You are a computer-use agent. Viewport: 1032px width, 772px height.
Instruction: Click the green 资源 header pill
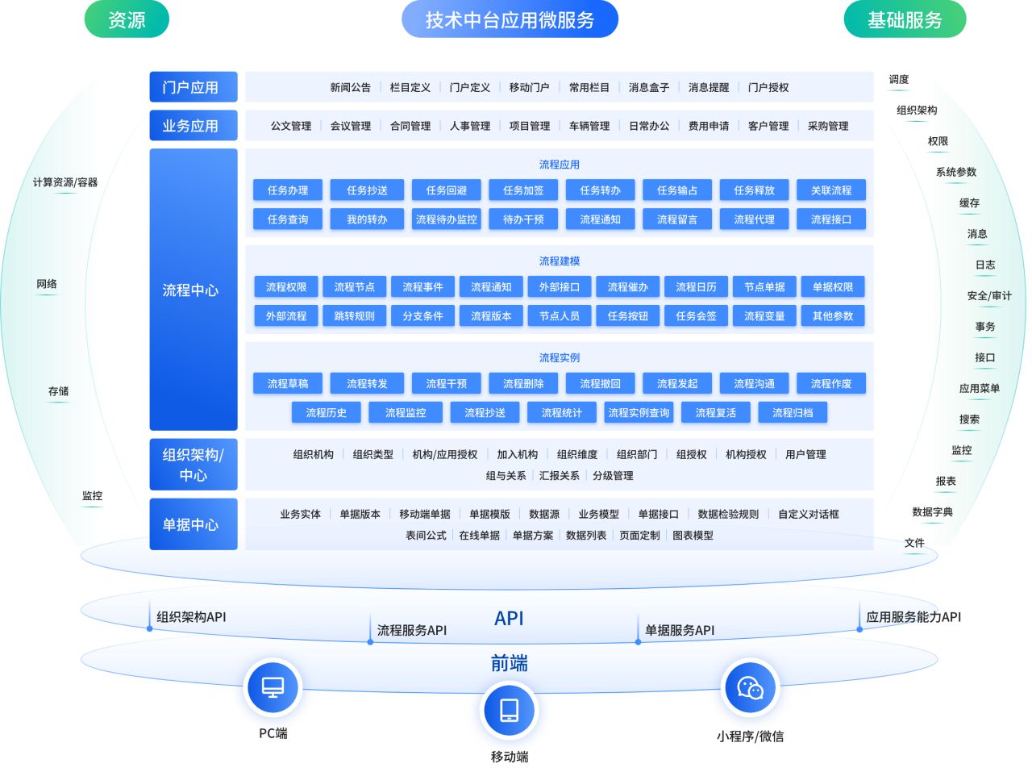pyautogui.click(x=127, y=19)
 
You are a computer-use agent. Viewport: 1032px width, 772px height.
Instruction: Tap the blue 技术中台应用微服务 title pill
pyautogui.click(x=510, y=19)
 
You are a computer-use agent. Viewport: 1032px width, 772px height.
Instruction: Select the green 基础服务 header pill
pyautogui.click(x=905, y=19)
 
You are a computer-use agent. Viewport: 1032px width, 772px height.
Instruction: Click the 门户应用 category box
pyautogui.click(x=193, y=87)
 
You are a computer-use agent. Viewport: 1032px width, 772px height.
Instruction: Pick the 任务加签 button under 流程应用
pyautogui.click(x=523, y=190)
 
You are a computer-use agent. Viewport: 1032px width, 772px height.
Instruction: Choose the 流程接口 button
pyautogui.click(x=830, y=219)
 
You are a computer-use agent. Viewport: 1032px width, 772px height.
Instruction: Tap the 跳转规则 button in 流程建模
pyautogui.click(x=355, y=315)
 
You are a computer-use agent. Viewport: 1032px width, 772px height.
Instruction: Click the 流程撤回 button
pyautogui.click(x=601, y=383)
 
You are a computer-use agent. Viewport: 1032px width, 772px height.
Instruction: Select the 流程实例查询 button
pyautogui.click(x=639, y=412)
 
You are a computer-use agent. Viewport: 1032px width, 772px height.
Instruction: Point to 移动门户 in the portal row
pyautogui.click(x=529, y=87)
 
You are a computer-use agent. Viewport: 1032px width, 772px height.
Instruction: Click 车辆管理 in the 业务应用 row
pyautogui.click(x=589, y=126)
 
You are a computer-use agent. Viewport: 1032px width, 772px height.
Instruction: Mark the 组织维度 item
pyautogui.click(x=577, y=454)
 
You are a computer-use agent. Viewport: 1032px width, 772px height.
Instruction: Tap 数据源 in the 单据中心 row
pyautogui.click(x=544, y=514)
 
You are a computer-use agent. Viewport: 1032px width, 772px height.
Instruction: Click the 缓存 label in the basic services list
pyautogui.click(x=969, y=202)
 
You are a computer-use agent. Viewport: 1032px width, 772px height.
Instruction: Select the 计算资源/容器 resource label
pyautogui.click(x=65, y=182)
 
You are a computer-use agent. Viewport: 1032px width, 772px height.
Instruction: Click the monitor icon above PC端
pyautogui.click(x=273, y=687)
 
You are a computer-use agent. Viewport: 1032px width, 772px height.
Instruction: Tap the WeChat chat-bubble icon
pyautogui.click(x=750, y=688)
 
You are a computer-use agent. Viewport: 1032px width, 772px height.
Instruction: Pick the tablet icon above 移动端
pyautogui.click(x=510, y=711)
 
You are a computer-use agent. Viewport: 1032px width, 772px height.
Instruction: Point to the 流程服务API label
pyautogui.click(x=412, y=630)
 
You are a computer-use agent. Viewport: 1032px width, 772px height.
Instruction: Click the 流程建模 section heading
pyautogui.click(x=559, y=261)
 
